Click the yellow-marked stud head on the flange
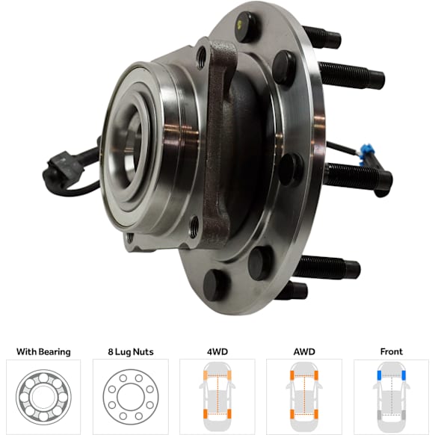246,27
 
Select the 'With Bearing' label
43,352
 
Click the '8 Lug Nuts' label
131,352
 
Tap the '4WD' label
217,352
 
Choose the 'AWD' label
304,352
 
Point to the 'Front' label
391,352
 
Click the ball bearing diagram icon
43,397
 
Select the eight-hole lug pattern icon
131,397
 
